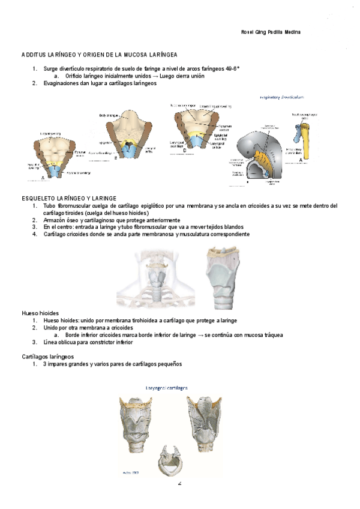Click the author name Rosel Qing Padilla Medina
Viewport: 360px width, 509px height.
[x=266, y=31]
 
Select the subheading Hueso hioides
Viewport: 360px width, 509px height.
[x=40, y=313]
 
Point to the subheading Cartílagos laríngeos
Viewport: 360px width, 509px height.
[x=48, y=357]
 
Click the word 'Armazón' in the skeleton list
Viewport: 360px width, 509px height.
[x=55, y=220]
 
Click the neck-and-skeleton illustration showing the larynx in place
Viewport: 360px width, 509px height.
[x=155, y=276]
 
